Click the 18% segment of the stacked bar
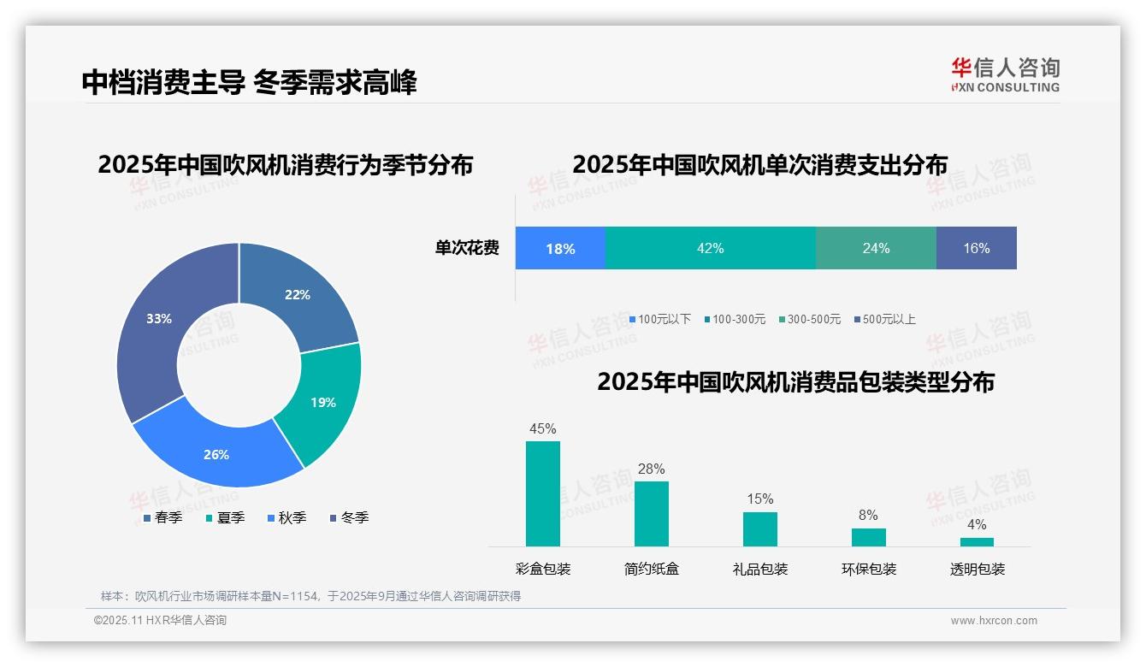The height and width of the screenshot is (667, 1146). (560, 249)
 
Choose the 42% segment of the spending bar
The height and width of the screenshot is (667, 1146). (711, 249)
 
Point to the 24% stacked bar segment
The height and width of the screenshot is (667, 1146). (876, 249)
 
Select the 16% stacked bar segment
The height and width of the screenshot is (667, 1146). (976, 249)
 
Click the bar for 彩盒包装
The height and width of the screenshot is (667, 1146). (543, 493)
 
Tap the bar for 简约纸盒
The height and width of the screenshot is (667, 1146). (652, 513)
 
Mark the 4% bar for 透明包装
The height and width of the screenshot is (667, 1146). (977, 541)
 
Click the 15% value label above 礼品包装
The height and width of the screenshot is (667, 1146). (759, 499)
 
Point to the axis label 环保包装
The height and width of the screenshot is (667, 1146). (869, 570)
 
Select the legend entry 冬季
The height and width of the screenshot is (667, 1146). (350, 517)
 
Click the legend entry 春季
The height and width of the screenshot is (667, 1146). (163, 517)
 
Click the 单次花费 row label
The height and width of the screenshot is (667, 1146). (467, 249)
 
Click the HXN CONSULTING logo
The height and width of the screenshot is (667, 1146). (1005, 75)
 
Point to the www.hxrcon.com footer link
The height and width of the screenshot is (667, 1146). (994, 621)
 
